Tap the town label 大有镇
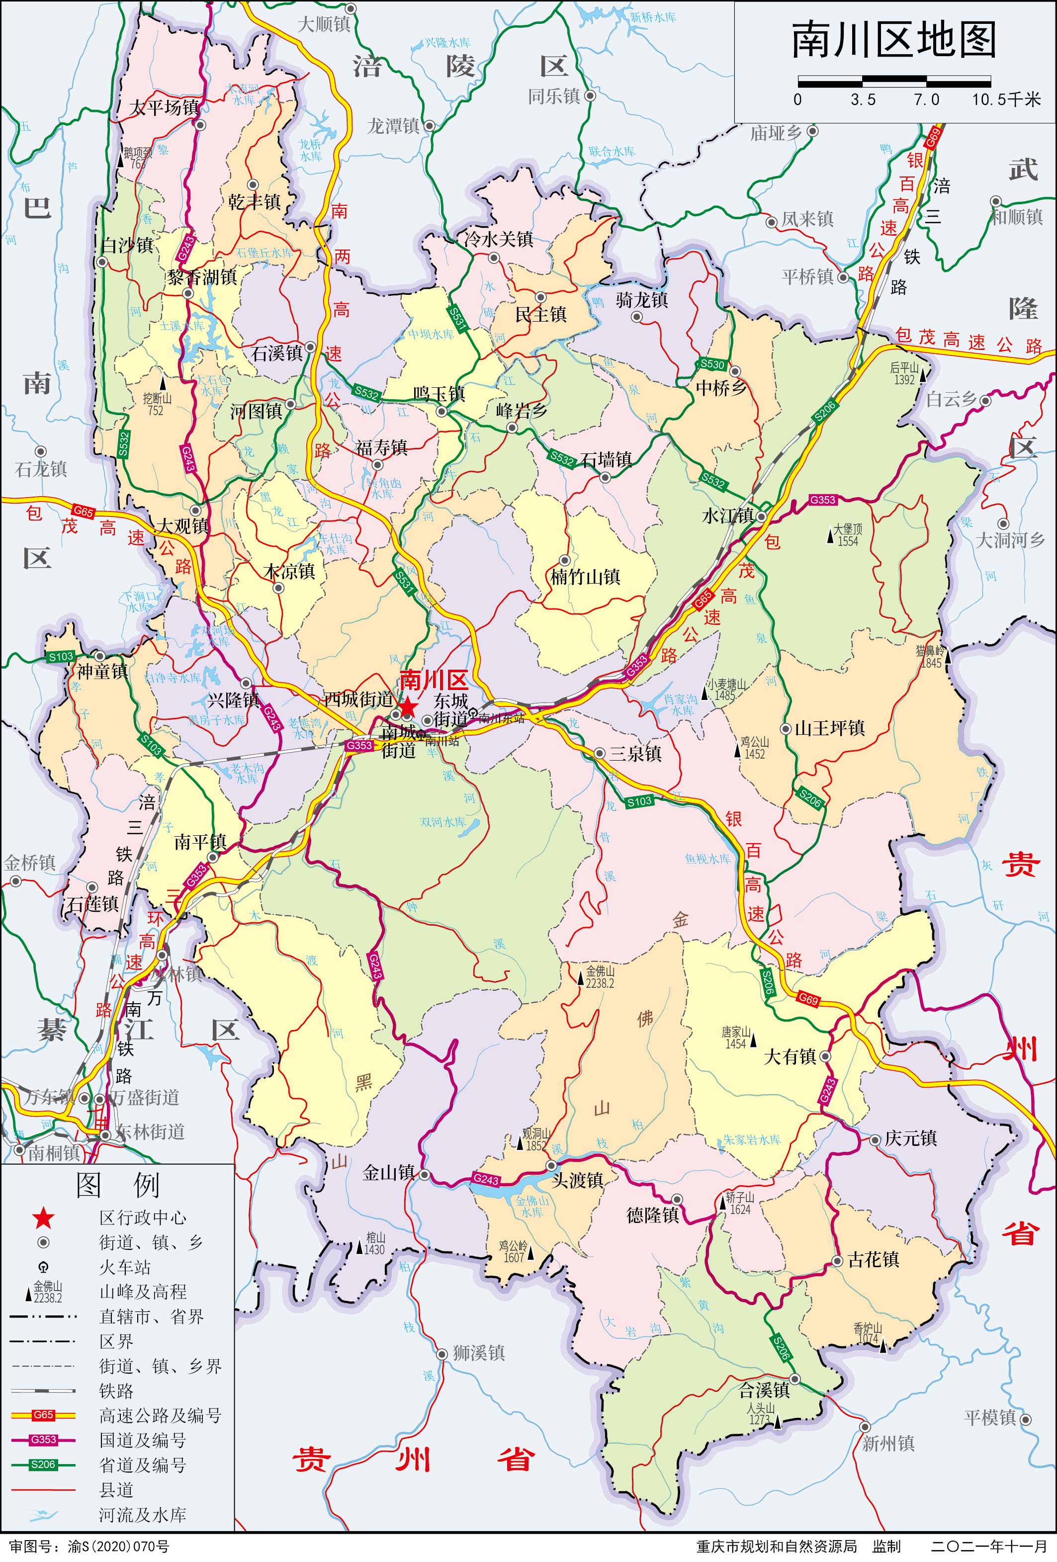coord(790,1056)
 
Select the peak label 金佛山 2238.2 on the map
coord(600,976)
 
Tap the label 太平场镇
coord(164,107)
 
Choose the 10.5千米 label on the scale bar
coord(1005,100)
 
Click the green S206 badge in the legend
coord(43,1465)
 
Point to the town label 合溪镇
coord(764,1389)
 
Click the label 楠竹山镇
coord(585,577)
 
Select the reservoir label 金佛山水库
coord(532,1206)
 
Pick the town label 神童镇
coord(102,672)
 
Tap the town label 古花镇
coord(873,1260)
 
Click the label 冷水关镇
coord(499,239)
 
